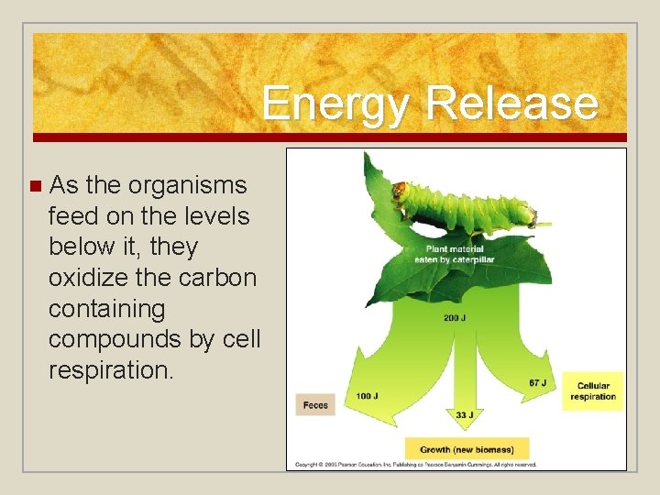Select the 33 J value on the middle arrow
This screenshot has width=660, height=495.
[x=465, y=414]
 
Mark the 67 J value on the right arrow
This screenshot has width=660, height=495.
[x=539, y=382]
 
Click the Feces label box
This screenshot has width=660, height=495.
[x=314, y=405]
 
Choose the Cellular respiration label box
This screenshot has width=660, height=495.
[x=593, y=391]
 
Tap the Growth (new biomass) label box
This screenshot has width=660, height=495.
[x=467, y=449]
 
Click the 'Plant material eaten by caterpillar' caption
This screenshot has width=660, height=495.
[x=455, y=255]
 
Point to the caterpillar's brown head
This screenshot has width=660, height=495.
[x=399, y=192]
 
